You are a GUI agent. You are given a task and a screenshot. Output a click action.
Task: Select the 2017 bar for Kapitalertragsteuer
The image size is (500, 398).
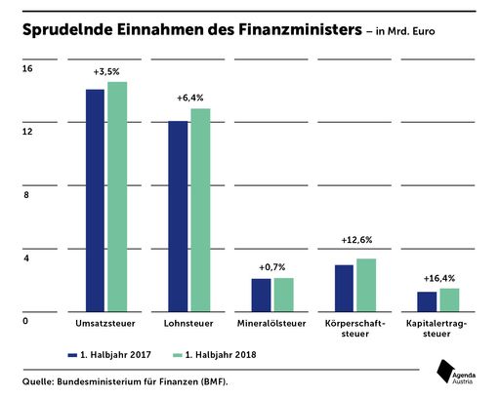[x=427, y=299]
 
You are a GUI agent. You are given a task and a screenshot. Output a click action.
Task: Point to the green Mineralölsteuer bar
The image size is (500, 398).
[x=283, y=293]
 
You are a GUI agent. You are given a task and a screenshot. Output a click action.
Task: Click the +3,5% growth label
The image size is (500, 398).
[x=105, y=73]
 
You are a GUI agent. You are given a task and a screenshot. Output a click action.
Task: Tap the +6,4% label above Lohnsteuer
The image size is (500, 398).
[x=189, y=99]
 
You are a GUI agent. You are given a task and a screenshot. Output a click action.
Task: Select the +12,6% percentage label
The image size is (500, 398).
[x=355, y=240]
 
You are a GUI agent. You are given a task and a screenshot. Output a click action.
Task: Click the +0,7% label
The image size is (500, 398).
[x=272, y=267]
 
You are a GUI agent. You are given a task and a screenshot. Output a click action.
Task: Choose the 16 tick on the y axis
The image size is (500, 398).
[x=27, y=68]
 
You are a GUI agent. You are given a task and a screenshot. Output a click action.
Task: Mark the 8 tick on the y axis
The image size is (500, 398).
[x=27, y=195]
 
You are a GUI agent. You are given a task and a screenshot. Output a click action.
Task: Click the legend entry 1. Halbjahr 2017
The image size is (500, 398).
[x=108, y=353]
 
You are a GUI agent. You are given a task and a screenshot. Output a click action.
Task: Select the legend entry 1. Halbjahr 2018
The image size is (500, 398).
[x=213, y=353]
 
